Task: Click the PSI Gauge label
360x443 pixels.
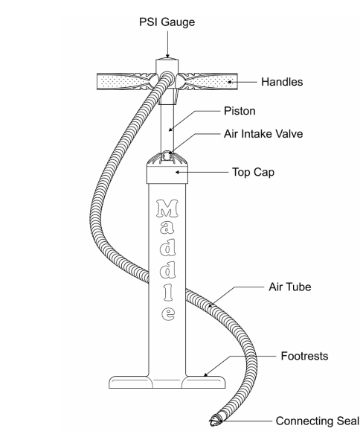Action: pos(167,22)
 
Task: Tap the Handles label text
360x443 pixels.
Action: pos(282,82)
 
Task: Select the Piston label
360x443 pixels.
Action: pos(240,111)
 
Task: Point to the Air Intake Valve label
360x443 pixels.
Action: pos(263,133)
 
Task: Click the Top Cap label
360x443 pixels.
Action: pos(253,172)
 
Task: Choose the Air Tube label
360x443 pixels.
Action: pos(290,287)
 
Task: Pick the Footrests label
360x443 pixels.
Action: pos(304,356)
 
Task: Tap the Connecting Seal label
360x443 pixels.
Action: pos(318,421)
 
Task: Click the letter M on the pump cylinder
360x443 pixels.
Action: pos(167,208)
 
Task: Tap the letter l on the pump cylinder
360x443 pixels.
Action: pos(169,292)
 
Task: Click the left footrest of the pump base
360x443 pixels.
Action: pos(130,382)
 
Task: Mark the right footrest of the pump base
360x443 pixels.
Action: pos(204,382)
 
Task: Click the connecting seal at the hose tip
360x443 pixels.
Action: pos(216,420)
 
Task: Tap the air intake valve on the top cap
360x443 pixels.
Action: pos(167,155)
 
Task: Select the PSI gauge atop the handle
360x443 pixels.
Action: pos(167,65)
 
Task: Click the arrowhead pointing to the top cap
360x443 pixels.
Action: pos(178,172)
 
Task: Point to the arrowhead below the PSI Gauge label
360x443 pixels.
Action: pos(167,56)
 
